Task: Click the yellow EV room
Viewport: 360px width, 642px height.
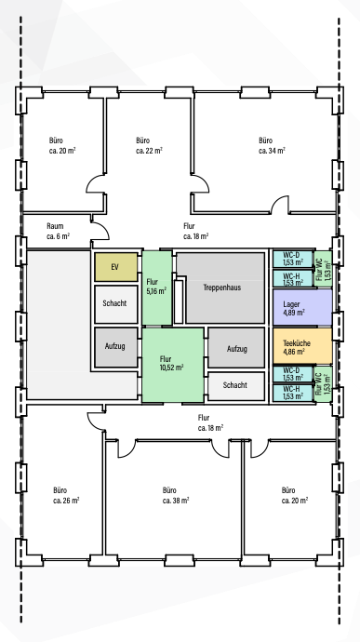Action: (116, 267)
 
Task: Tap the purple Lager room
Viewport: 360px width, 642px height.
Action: (302, 307)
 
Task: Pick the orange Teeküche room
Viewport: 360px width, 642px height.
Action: (302, 346)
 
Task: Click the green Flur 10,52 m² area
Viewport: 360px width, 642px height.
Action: (172, 365)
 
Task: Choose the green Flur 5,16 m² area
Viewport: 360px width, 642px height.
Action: (157, 288)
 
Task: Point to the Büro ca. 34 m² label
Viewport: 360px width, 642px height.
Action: (272, 145)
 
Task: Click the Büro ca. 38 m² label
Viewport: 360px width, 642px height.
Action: (176, 495)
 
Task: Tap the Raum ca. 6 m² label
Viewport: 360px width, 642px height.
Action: (59, 231)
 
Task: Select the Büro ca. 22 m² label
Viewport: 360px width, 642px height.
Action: (149, 145)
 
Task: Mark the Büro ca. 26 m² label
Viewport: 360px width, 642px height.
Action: (66, 495)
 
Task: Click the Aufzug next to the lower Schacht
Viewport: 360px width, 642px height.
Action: (236, 348)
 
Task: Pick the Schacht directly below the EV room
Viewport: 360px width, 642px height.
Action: (116, 304)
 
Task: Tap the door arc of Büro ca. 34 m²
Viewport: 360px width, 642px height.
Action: (281, 203)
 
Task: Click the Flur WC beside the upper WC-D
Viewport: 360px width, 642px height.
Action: (324, 269)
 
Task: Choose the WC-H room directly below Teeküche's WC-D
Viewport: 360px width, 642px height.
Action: (293, 393)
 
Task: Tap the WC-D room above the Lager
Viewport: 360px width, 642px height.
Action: (293, 259)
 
